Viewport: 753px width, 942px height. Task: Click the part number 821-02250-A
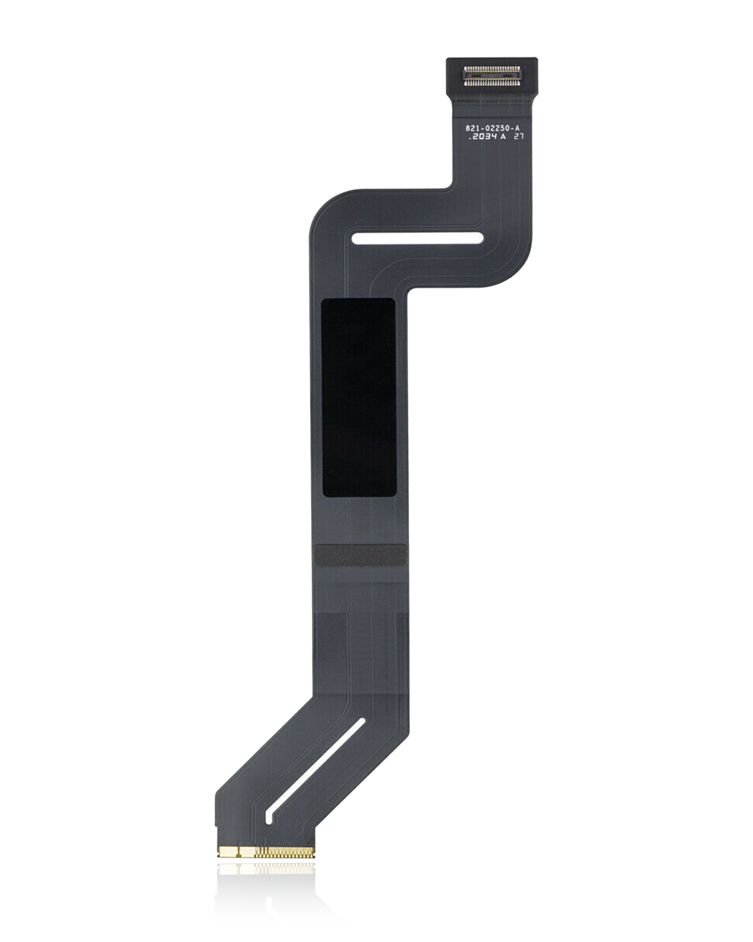click(492, 128)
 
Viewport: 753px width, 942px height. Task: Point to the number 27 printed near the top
click(519, 137)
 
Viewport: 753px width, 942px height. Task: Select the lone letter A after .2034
click(503, 137)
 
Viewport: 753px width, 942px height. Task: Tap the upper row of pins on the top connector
click(492, 69)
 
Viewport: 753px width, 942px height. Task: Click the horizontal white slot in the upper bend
click(417, 238)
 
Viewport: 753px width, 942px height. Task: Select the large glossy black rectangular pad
click(359, 398)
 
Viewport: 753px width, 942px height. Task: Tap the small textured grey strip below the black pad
click(360, 555)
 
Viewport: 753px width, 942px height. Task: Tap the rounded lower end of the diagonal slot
click(269, 818)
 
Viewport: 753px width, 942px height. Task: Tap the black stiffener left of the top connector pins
click(454, 75)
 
